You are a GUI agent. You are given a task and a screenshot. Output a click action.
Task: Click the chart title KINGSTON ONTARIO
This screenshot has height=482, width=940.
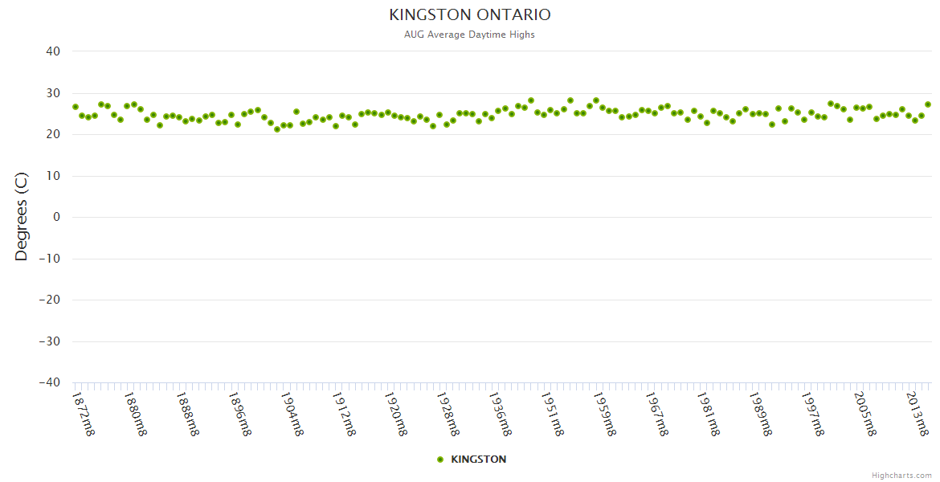point(470,15)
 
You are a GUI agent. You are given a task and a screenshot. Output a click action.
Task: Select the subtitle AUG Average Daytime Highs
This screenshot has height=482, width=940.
point(470,35)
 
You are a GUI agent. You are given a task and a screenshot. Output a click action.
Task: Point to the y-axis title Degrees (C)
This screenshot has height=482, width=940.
point(22,216)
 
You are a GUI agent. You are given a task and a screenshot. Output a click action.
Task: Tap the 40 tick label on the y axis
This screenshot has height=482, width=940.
point(53,51)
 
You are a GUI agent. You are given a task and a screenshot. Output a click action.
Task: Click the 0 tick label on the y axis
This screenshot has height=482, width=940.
point(57,217)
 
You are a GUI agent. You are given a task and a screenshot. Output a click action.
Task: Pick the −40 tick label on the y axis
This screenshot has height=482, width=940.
point(49,382)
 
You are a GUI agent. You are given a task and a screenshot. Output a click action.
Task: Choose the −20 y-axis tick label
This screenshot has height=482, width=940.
point(49,300)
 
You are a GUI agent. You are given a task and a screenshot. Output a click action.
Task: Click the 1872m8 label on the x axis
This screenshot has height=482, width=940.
point(84,413)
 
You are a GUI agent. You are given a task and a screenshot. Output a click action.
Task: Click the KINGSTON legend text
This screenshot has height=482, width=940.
point(479,460)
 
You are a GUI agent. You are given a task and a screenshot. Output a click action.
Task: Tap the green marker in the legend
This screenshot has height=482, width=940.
point(440,460)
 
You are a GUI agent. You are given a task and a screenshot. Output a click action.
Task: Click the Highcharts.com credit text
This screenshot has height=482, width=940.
point(901,476)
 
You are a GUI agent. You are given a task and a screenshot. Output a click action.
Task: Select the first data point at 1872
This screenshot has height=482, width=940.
point(76,107)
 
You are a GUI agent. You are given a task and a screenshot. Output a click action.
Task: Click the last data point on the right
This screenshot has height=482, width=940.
point(928,104)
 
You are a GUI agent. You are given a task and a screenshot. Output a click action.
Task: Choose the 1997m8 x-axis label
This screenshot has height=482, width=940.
point(814,413)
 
